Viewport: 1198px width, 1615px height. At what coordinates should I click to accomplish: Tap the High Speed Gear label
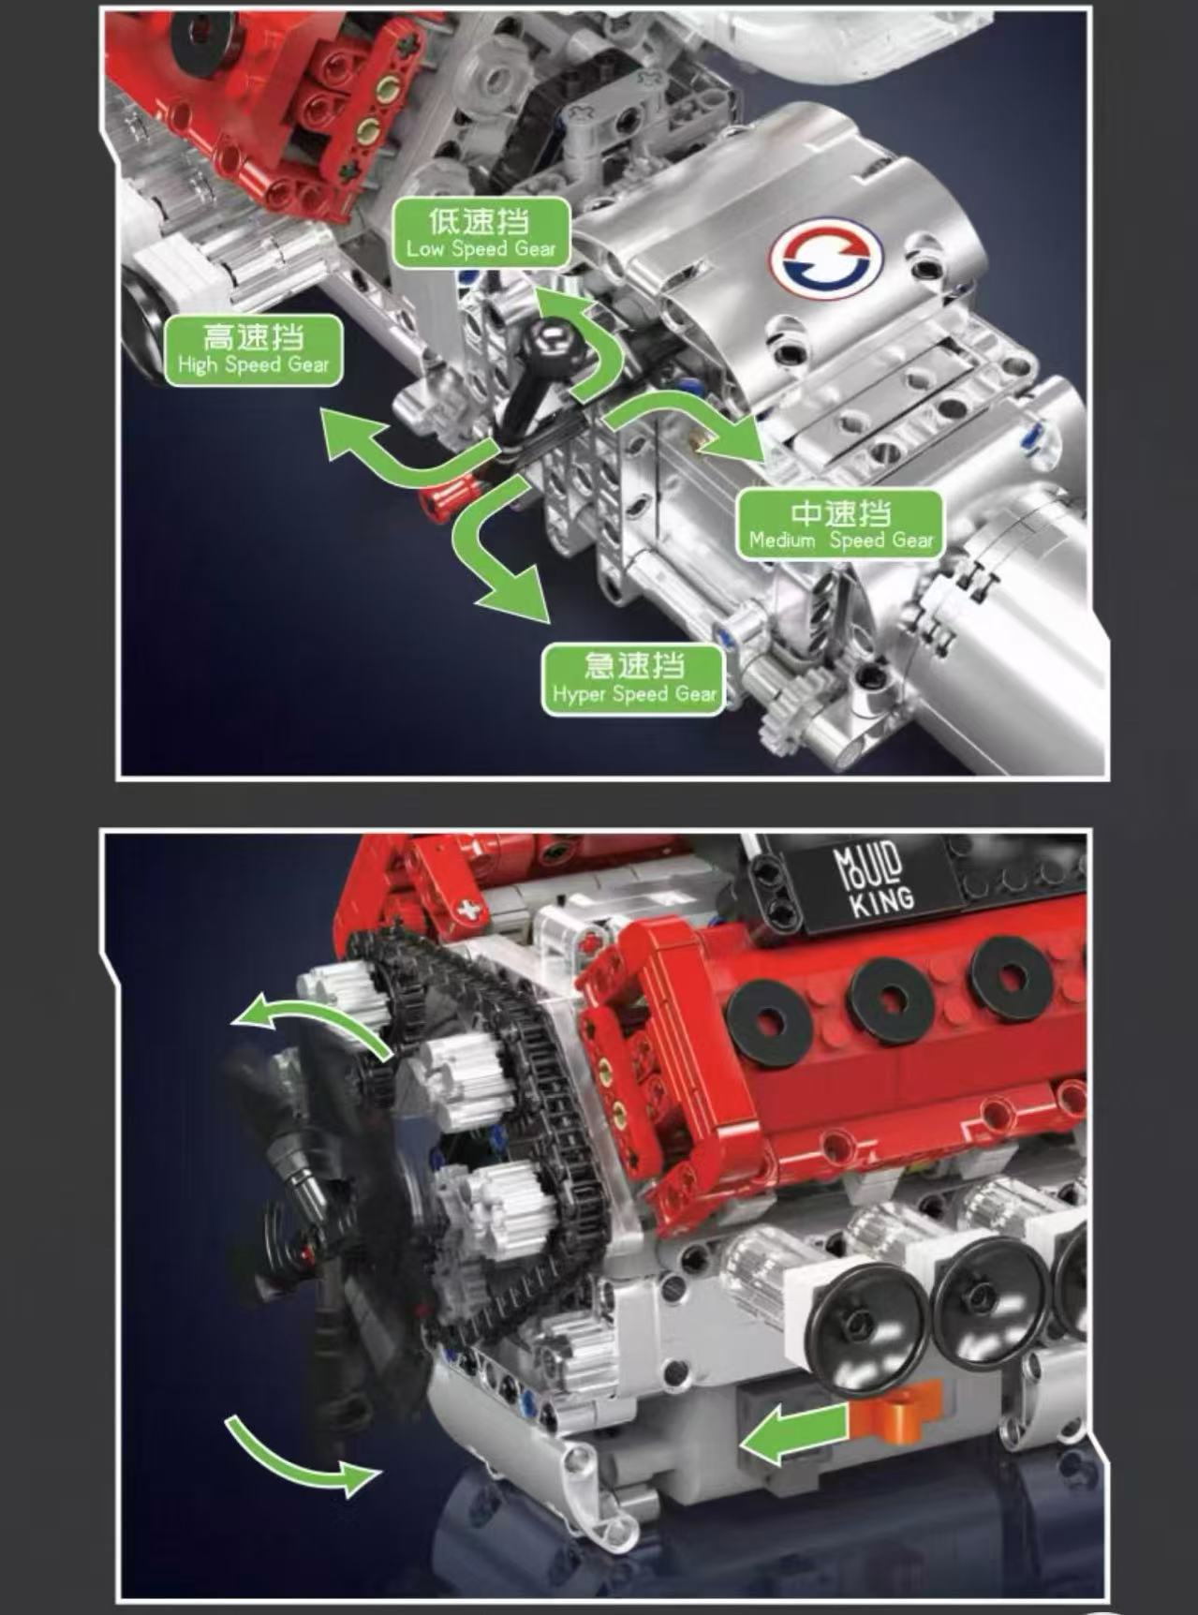[253, 350]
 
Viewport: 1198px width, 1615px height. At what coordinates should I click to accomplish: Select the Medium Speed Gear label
[840, 525]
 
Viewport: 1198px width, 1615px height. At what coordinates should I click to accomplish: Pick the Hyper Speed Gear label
[634, 679]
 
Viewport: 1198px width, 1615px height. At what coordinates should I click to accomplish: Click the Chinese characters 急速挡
[634, 666]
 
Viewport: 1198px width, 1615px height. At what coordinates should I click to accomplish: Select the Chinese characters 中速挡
[840, 512]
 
